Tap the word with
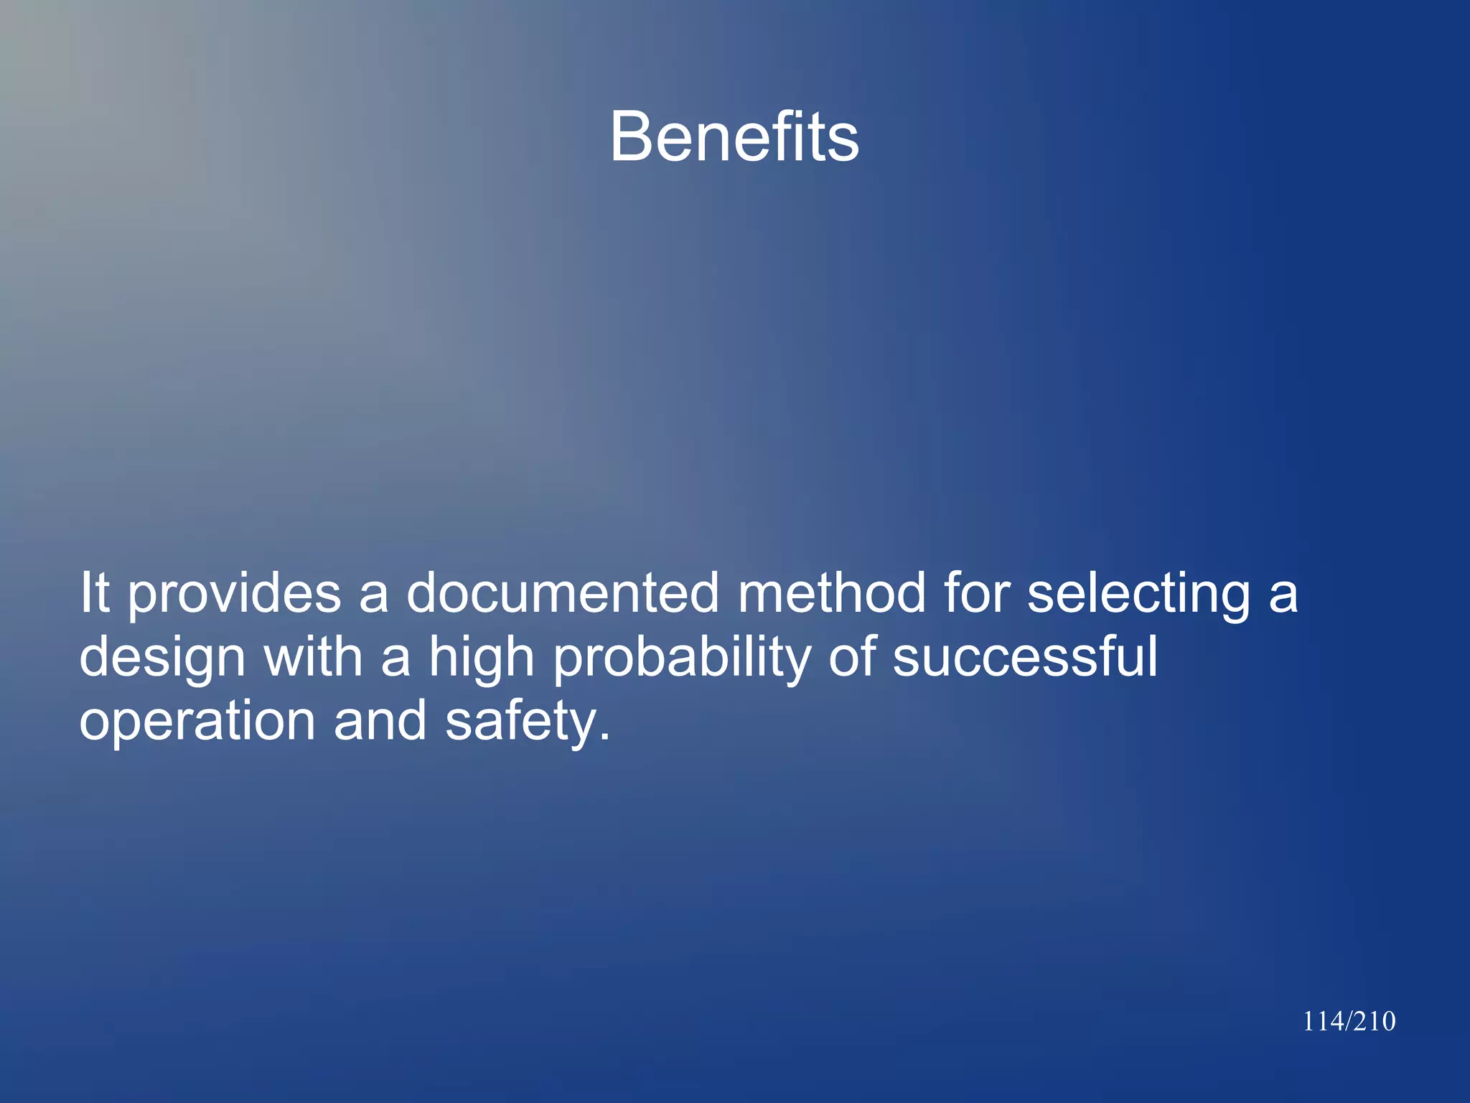[x=313, y=656]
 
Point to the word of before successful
[x=852, y=656]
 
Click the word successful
[x=1025, y=656]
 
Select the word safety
[x=528, y=722]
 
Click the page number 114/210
[x=1349, y=1021]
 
